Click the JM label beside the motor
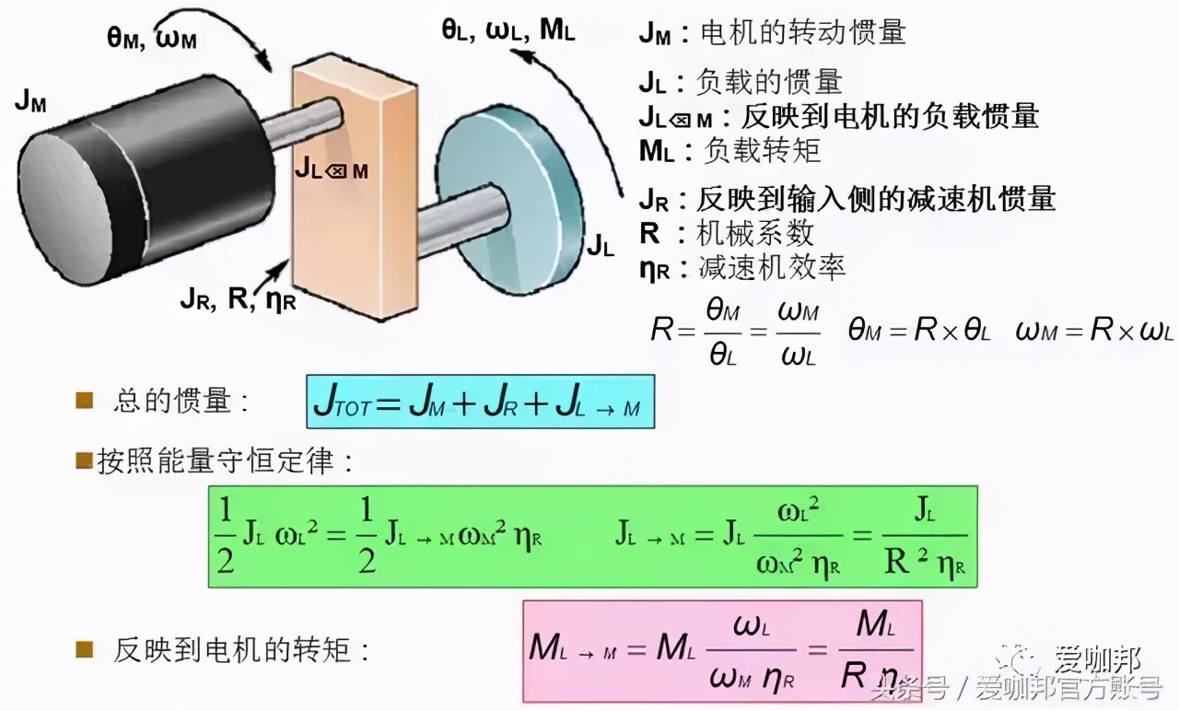[x=30, y=102]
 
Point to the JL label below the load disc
[x=601, y=246]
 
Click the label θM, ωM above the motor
[x=152, y=39]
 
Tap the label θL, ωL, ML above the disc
[x=508, y=29]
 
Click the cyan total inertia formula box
[x=480, y=402]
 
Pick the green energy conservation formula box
[x=591, y=536]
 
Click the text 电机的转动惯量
[x=803, y=33]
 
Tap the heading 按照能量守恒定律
[x=226, y=461]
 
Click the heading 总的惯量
[x=181, y=402]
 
